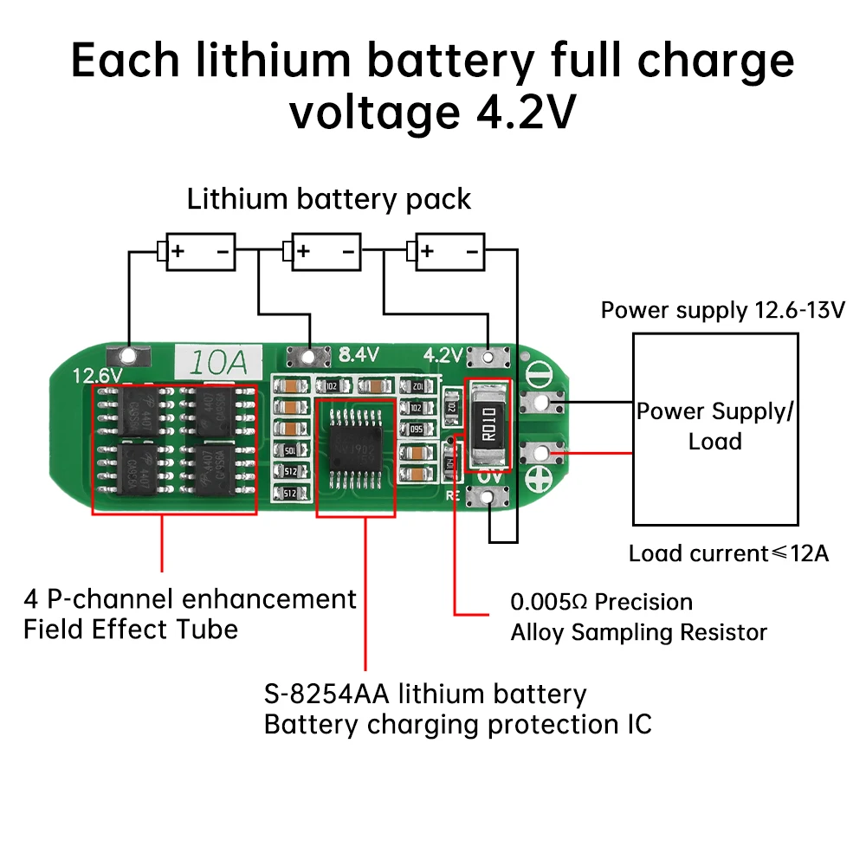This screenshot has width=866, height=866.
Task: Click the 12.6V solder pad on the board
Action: [128, 355]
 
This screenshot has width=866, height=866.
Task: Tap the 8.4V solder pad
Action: [307, 355]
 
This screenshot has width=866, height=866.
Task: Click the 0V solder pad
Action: [489, 497]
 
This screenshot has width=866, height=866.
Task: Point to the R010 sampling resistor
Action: [488, 424]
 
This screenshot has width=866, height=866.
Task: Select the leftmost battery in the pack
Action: [199, 252]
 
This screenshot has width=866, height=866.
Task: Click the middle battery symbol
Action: [325, 252]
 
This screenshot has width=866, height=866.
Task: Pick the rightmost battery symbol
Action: [449, 252]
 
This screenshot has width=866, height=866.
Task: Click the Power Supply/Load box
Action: [715, 428]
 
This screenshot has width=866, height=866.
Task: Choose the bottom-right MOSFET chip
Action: [211, 470]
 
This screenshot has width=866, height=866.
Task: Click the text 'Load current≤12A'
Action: [727, 553]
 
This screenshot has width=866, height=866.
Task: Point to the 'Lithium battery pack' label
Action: [329, 199]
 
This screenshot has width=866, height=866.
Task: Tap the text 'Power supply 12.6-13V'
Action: [722, 310]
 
